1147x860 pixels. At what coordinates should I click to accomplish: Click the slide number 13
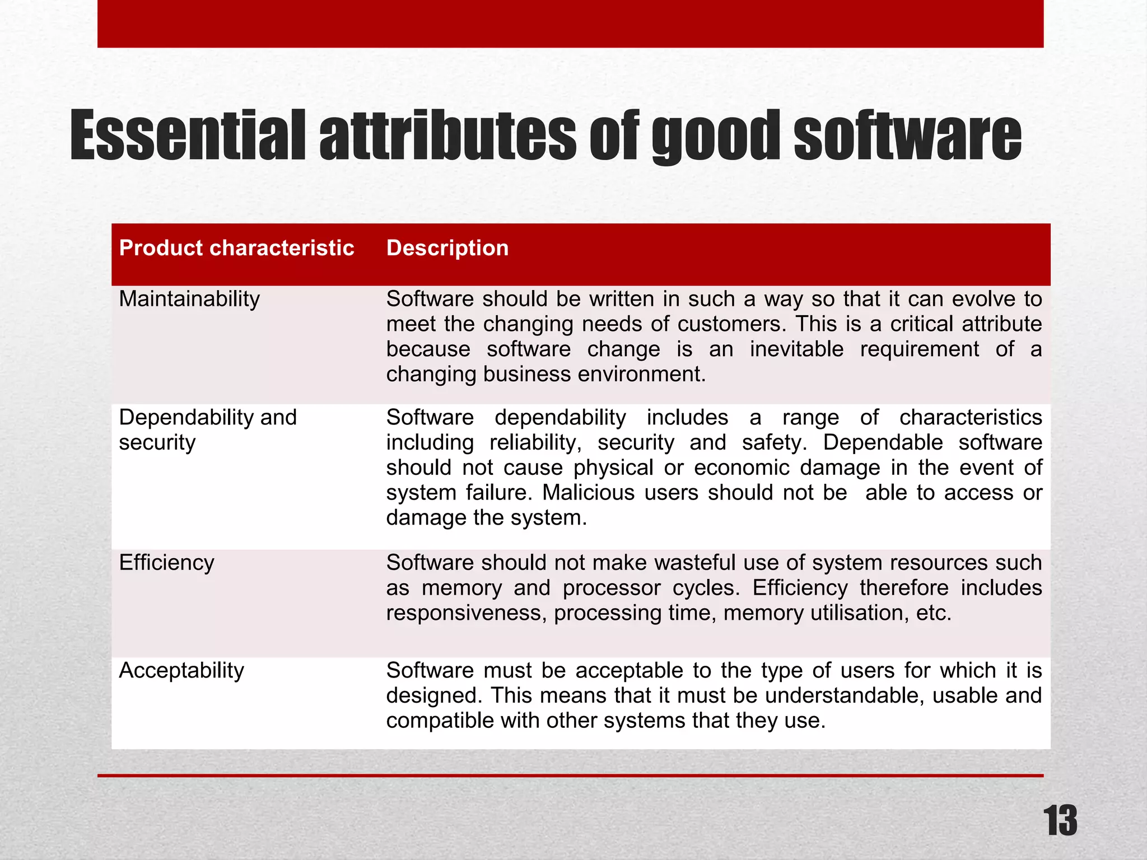(1060, 821)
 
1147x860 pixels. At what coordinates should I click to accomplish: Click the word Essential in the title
(188, 136)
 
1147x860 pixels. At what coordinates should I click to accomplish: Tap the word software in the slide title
(907, 136)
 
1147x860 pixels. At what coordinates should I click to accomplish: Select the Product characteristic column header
(236, 248)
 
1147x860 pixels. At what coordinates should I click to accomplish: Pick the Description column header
(447, 248)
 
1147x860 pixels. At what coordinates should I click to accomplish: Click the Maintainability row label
(189, 299)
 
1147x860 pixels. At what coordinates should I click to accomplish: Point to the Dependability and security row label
(207, 429)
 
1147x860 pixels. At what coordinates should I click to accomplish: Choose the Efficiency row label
(166, 563)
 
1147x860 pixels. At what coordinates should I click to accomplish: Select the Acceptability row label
(181, 670)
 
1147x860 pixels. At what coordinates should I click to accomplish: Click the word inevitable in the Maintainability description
(796, 349)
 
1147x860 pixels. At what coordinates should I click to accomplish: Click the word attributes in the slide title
(447, 136)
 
